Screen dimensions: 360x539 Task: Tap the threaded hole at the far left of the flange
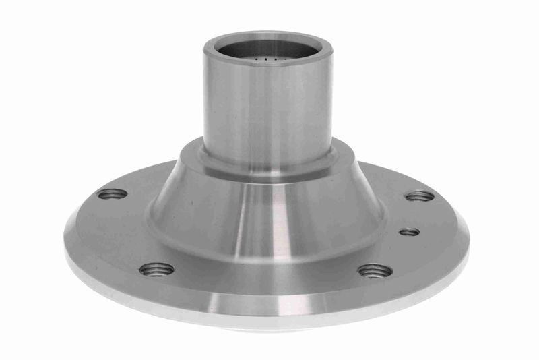(x=113, y=194)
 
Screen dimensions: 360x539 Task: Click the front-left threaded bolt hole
(x=156, y=270)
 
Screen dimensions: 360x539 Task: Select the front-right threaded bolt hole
(x=375, y=271)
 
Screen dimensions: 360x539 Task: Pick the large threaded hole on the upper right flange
(x=420, y=196)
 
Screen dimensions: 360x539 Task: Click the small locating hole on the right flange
(x=409, y=232)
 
